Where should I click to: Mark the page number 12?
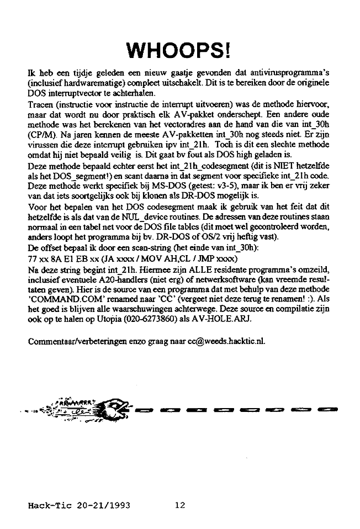pos(180,505)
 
